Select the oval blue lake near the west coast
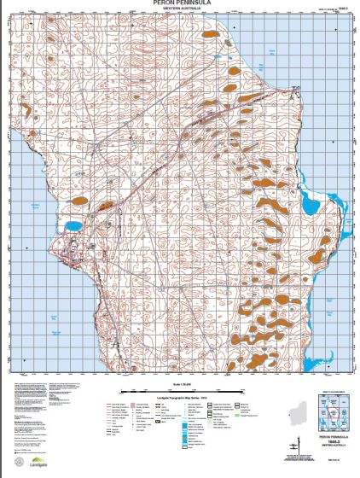[x=73, y=227]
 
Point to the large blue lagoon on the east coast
[x=307, y=203]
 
